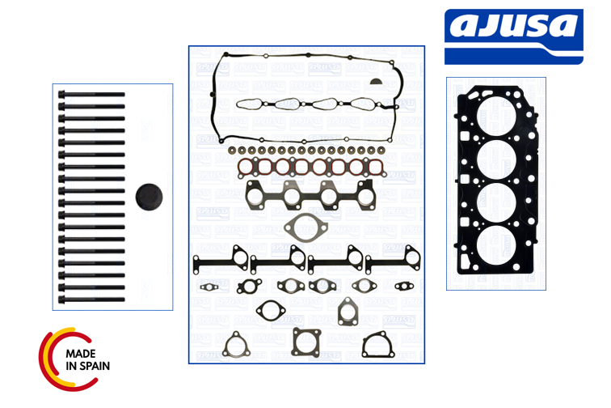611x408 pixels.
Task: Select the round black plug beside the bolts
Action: click(148, 198)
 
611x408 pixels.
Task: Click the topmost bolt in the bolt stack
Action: click(92, 95)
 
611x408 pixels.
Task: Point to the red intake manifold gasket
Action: click(308, 168)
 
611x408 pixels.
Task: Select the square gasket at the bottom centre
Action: click(306, 342)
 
